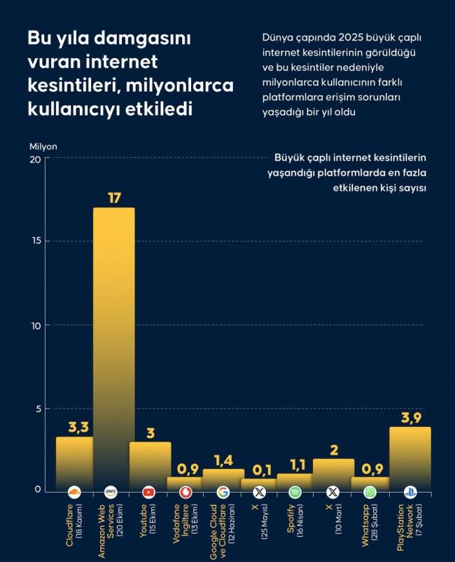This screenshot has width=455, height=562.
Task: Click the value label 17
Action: [x=114, y=198]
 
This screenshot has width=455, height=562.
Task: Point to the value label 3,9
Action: [x=409, y=418]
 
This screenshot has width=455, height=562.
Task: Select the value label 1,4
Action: [x=223, y=460]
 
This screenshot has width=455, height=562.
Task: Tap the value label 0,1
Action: [x=259, y=470]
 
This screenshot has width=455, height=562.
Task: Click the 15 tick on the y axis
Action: [x=35, y=241]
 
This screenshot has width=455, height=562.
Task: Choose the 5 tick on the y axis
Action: [x=37, y=409]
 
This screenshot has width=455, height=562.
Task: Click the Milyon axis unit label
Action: [x=43, y=146]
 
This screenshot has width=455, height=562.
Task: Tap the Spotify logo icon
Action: [x=295, y=492]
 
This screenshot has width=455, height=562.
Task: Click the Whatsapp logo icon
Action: [x=370, y=492]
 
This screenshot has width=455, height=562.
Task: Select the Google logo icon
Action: [x=223, y=492]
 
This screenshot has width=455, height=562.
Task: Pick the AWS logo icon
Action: [x=111, y=492]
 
